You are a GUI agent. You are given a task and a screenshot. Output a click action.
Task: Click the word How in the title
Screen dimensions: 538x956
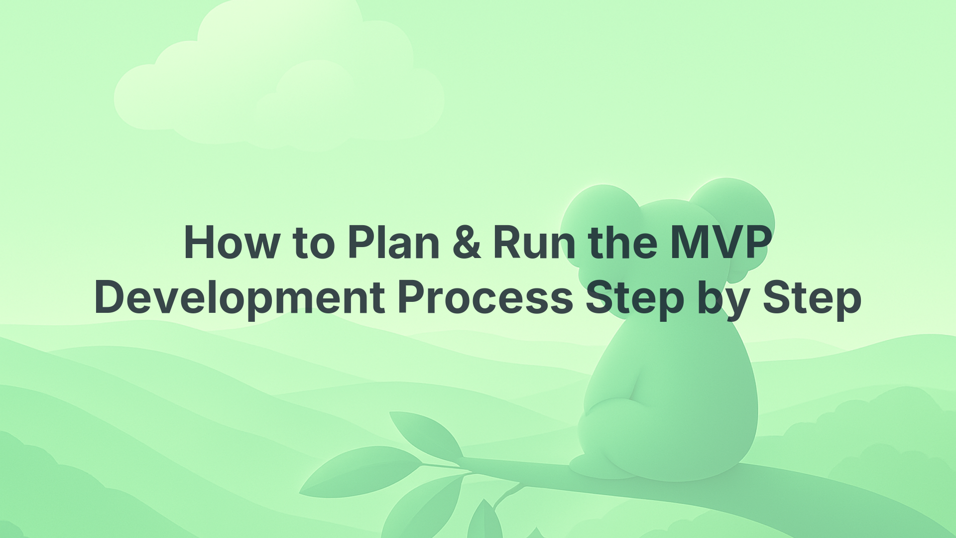click(232, 243)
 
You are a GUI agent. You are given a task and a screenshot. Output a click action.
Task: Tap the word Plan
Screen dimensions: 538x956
click(393, 243)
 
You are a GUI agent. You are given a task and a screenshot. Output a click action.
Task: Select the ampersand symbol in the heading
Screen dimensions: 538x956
click(467, 243)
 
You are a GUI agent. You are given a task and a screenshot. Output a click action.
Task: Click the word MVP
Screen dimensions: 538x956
click(720, 243)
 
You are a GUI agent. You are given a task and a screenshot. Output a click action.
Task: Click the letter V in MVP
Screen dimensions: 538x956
click(720, 243)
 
